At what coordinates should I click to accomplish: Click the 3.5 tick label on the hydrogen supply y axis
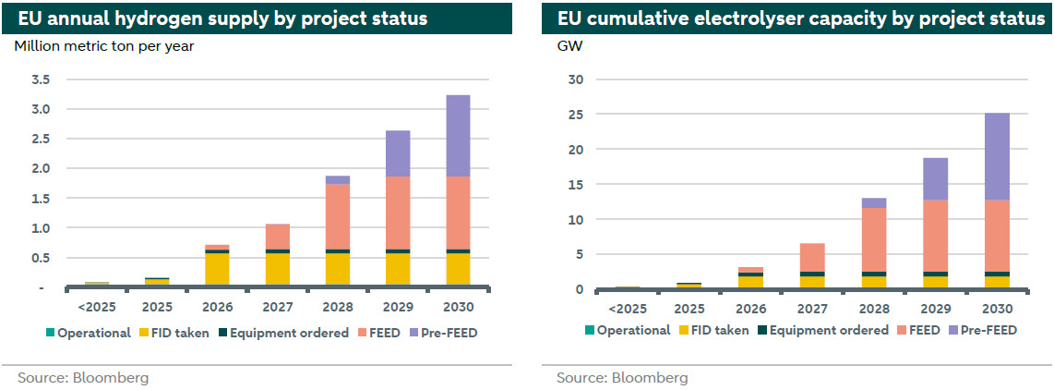click(x=40, y=79)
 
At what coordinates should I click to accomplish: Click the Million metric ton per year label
click(x=104, y=45)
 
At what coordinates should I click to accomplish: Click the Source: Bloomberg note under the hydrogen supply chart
click(x=83, y=377)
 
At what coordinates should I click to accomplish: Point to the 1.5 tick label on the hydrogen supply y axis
click(x=40, y=198)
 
